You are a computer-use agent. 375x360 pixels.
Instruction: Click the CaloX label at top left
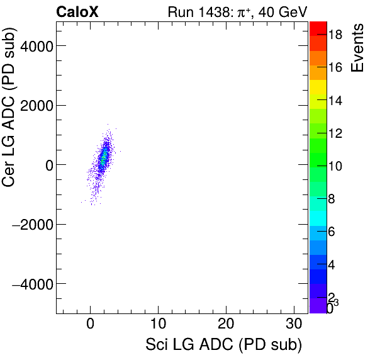click(x=77, y=11)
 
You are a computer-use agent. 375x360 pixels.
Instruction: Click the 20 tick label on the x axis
click(x=226, y=325)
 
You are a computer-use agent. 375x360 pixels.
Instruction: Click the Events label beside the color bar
click(x=358, y=49)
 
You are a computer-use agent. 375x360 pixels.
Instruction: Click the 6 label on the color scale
click(x=332, y=232)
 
